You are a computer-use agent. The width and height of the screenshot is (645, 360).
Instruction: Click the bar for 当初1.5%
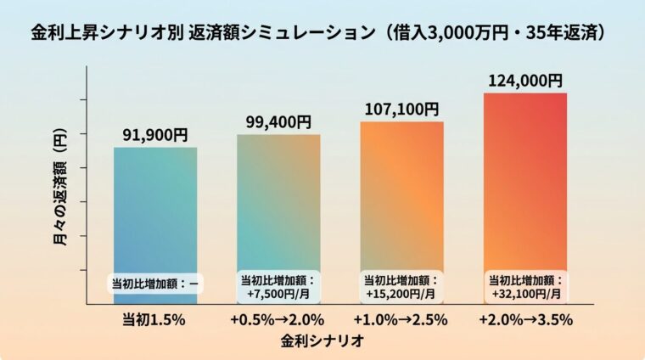tap(155, 212)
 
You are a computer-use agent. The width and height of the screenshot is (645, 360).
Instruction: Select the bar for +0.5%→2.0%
tap(278, 204)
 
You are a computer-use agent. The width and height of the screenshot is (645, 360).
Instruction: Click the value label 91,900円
tap(155, 134)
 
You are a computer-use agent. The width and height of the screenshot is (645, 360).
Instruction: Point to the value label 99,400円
tap(278, 122)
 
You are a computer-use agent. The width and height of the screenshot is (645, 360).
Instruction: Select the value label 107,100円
tap(401, 109)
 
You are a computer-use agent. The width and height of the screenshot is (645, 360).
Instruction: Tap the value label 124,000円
tap(524, 80)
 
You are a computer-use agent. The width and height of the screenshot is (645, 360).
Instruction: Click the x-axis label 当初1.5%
tap(155, 320)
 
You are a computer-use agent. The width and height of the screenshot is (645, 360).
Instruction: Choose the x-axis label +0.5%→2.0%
tap(278, 320)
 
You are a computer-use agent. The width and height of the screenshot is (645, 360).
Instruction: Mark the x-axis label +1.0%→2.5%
tap(401, 320)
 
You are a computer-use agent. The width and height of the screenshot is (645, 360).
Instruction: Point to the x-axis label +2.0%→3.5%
tap(524, 320)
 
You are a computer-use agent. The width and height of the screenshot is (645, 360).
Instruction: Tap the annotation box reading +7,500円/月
tap(278, 287)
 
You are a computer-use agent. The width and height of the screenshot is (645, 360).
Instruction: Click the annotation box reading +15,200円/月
tap(401, 287)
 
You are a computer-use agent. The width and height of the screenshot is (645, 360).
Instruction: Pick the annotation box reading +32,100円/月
tap(524, 287)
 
